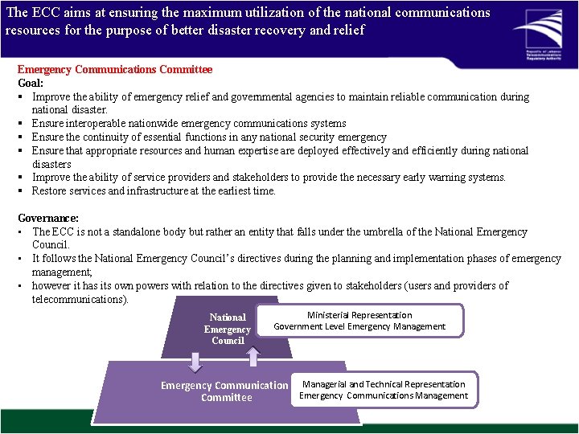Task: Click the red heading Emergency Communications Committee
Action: pyautogui.click(x=115, y=70)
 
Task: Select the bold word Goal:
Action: pyautogui.click(x=32, y=83)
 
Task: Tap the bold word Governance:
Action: pyautogui.click(x=48, y=218)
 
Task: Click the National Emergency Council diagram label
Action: pyautogui.click(x=228, y=329)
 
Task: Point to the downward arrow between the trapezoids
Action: pyautogui.click(x=194, y=361)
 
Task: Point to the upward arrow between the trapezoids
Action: pyautogui.click(x=252, y=356)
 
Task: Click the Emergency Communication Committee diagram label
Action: pyautogui.click(x=224, y=391)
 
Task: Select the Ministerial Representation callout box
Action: pyautogui.click(x=359, y=320)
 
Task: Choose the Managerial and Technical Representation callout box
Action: pyautogui.click(x=384, y=389)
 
